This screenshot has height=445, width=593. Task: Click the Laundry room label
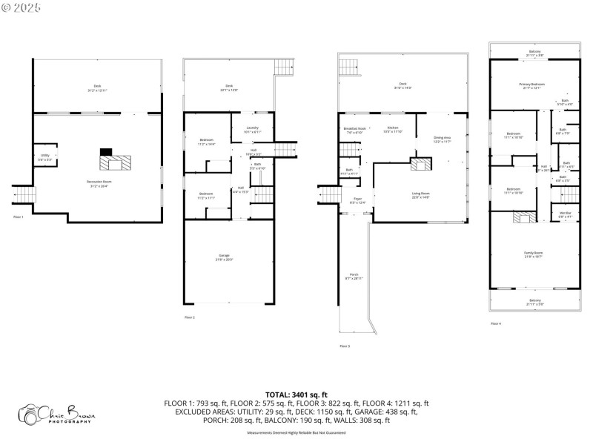click(x=251, y=130)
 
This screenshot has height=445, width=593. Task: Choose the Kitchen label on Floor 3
click(x=393, y=130)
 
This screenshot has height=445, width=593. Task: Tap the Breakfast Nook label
click(x=354, y=130)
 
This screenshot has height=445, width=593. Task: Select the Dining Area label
click(x=442, y=139)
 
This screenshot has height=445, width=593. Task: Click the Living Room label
click(x=420, y=194)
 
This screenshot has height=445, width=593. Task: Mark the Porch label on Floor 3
click(x=353, y=276)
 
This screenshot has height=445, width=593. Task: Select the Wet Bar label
click(x=565, y=215)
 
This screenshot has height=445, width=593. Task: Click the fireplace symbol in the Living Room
click(x=420, y=165)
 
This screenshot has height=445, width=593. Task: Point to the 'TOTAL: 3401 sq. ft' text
click(x=296, y=395)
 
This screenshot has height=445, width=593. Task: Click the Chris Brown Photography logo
click(x=58, y=413)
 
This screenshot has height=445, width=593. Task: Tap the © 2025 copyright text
click(x=21, y=7)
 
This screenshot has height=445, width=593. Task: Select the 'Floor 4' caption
click(x=496, y=323)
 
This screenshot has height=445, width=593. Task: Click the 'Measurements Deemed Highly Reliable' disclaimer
click(x=296, y=432)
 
